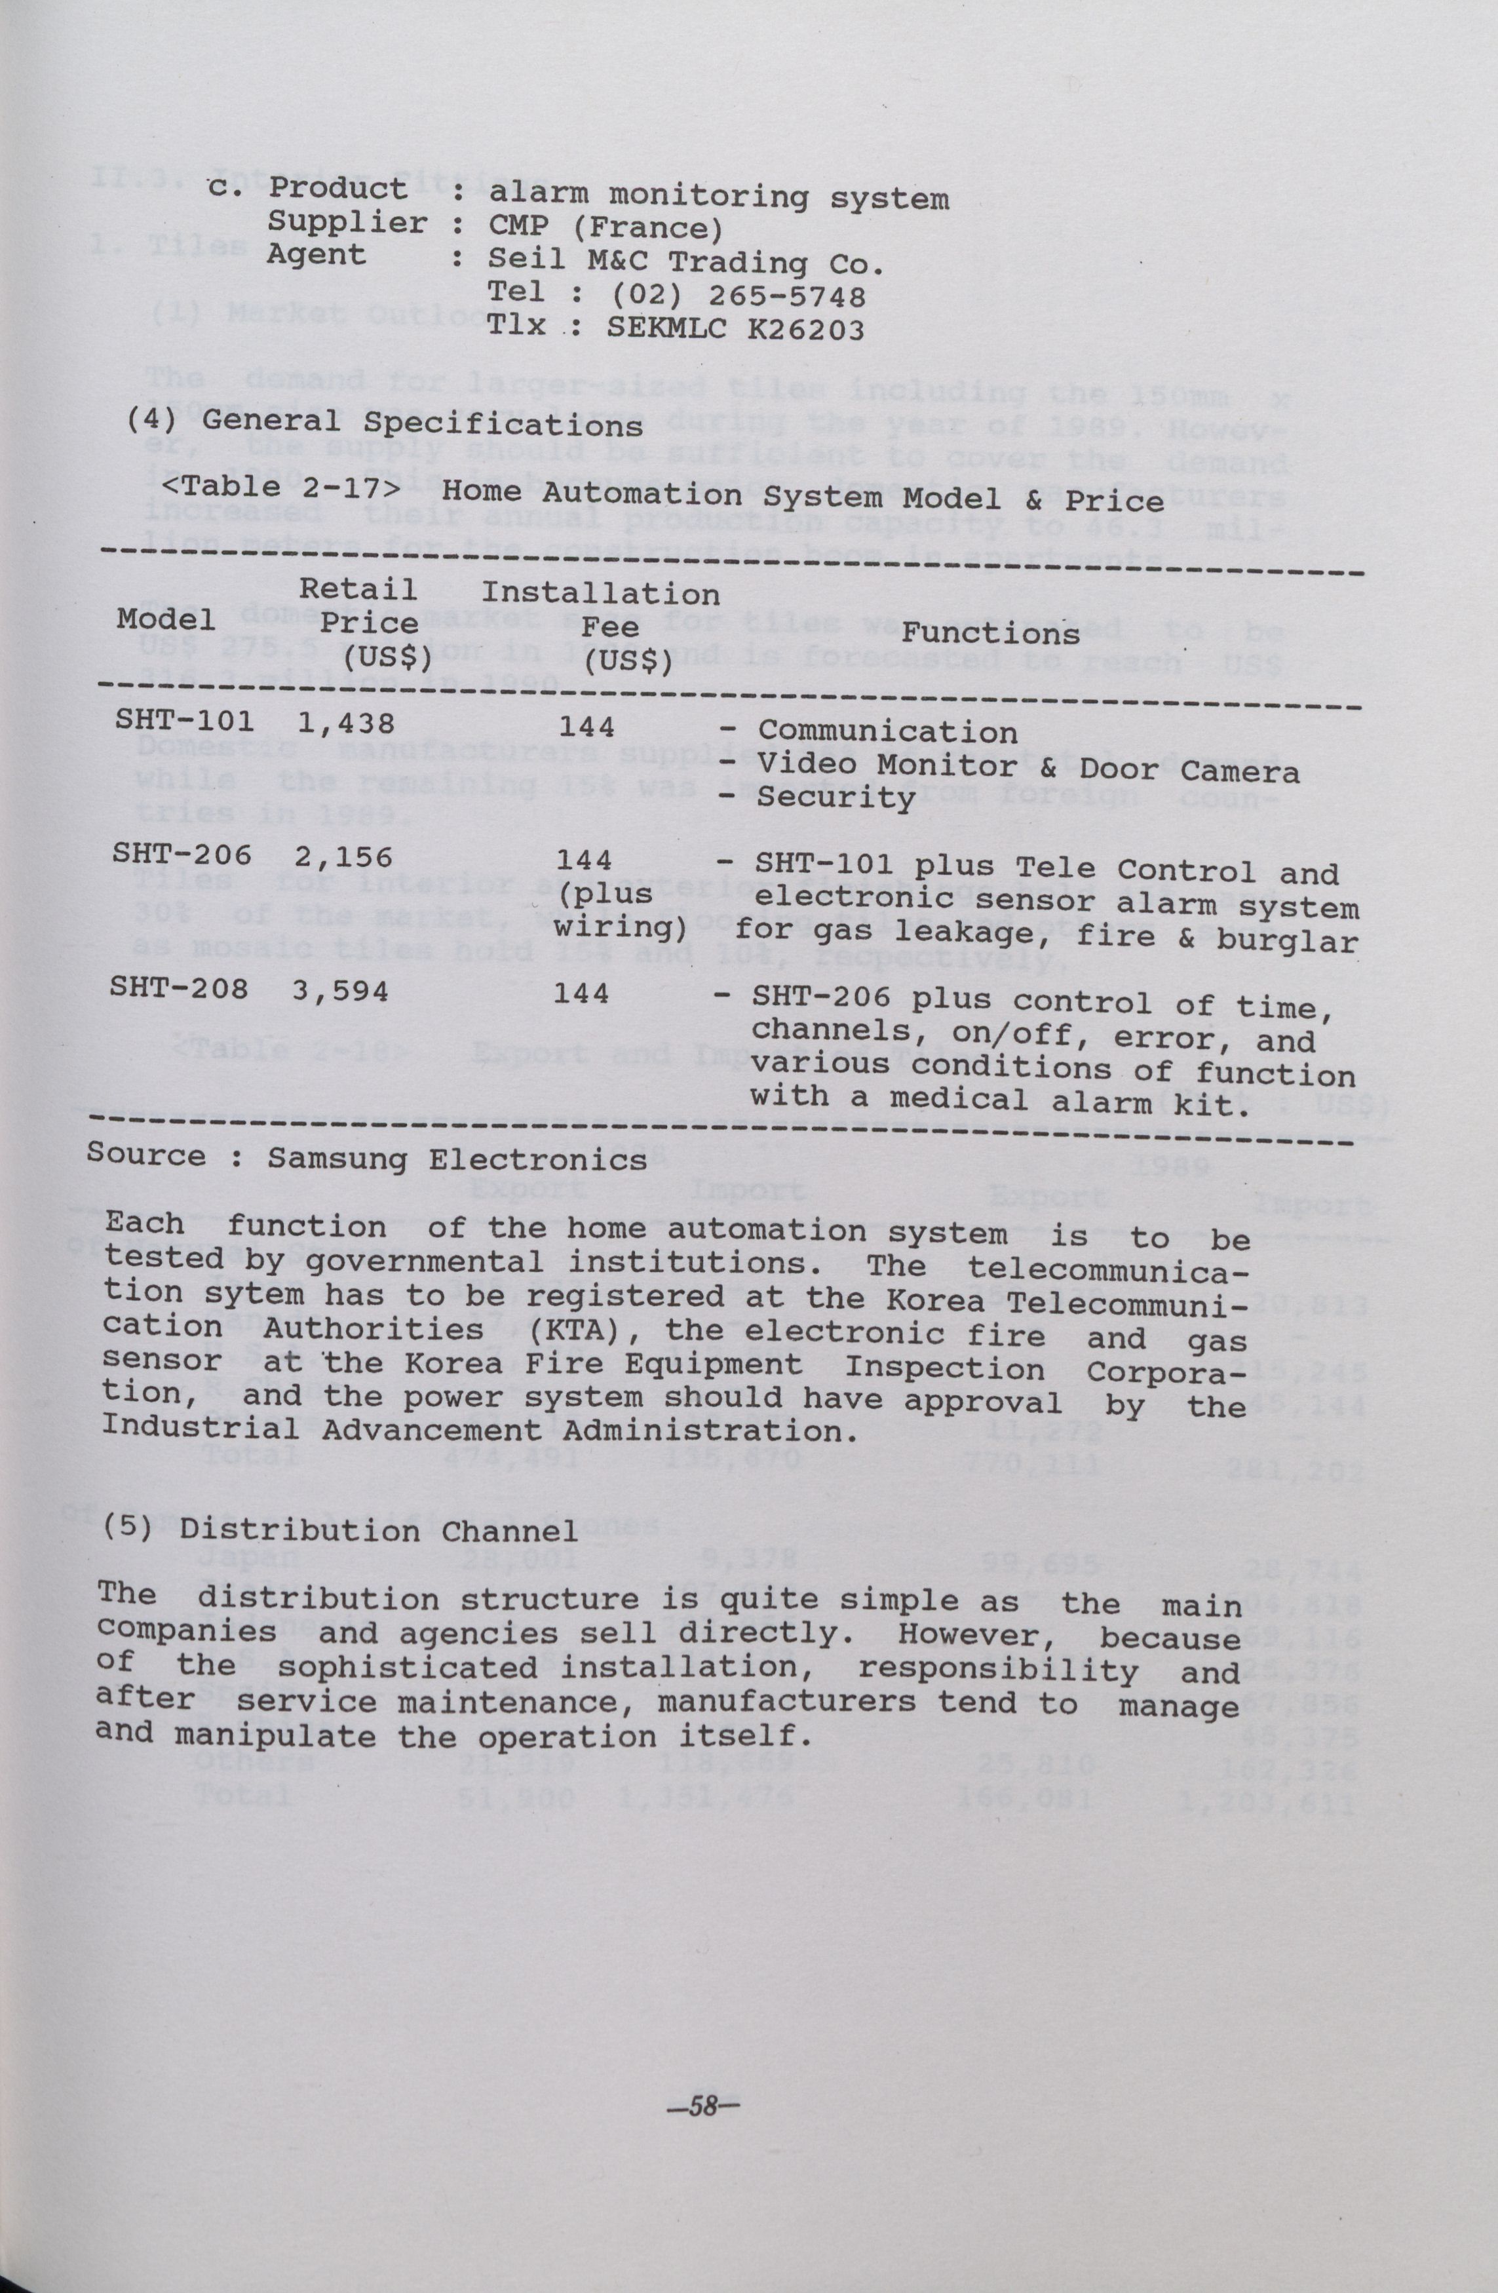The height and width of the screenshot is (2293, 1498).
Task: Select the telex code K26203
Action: pyautogui.click(x=805, y=330)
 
